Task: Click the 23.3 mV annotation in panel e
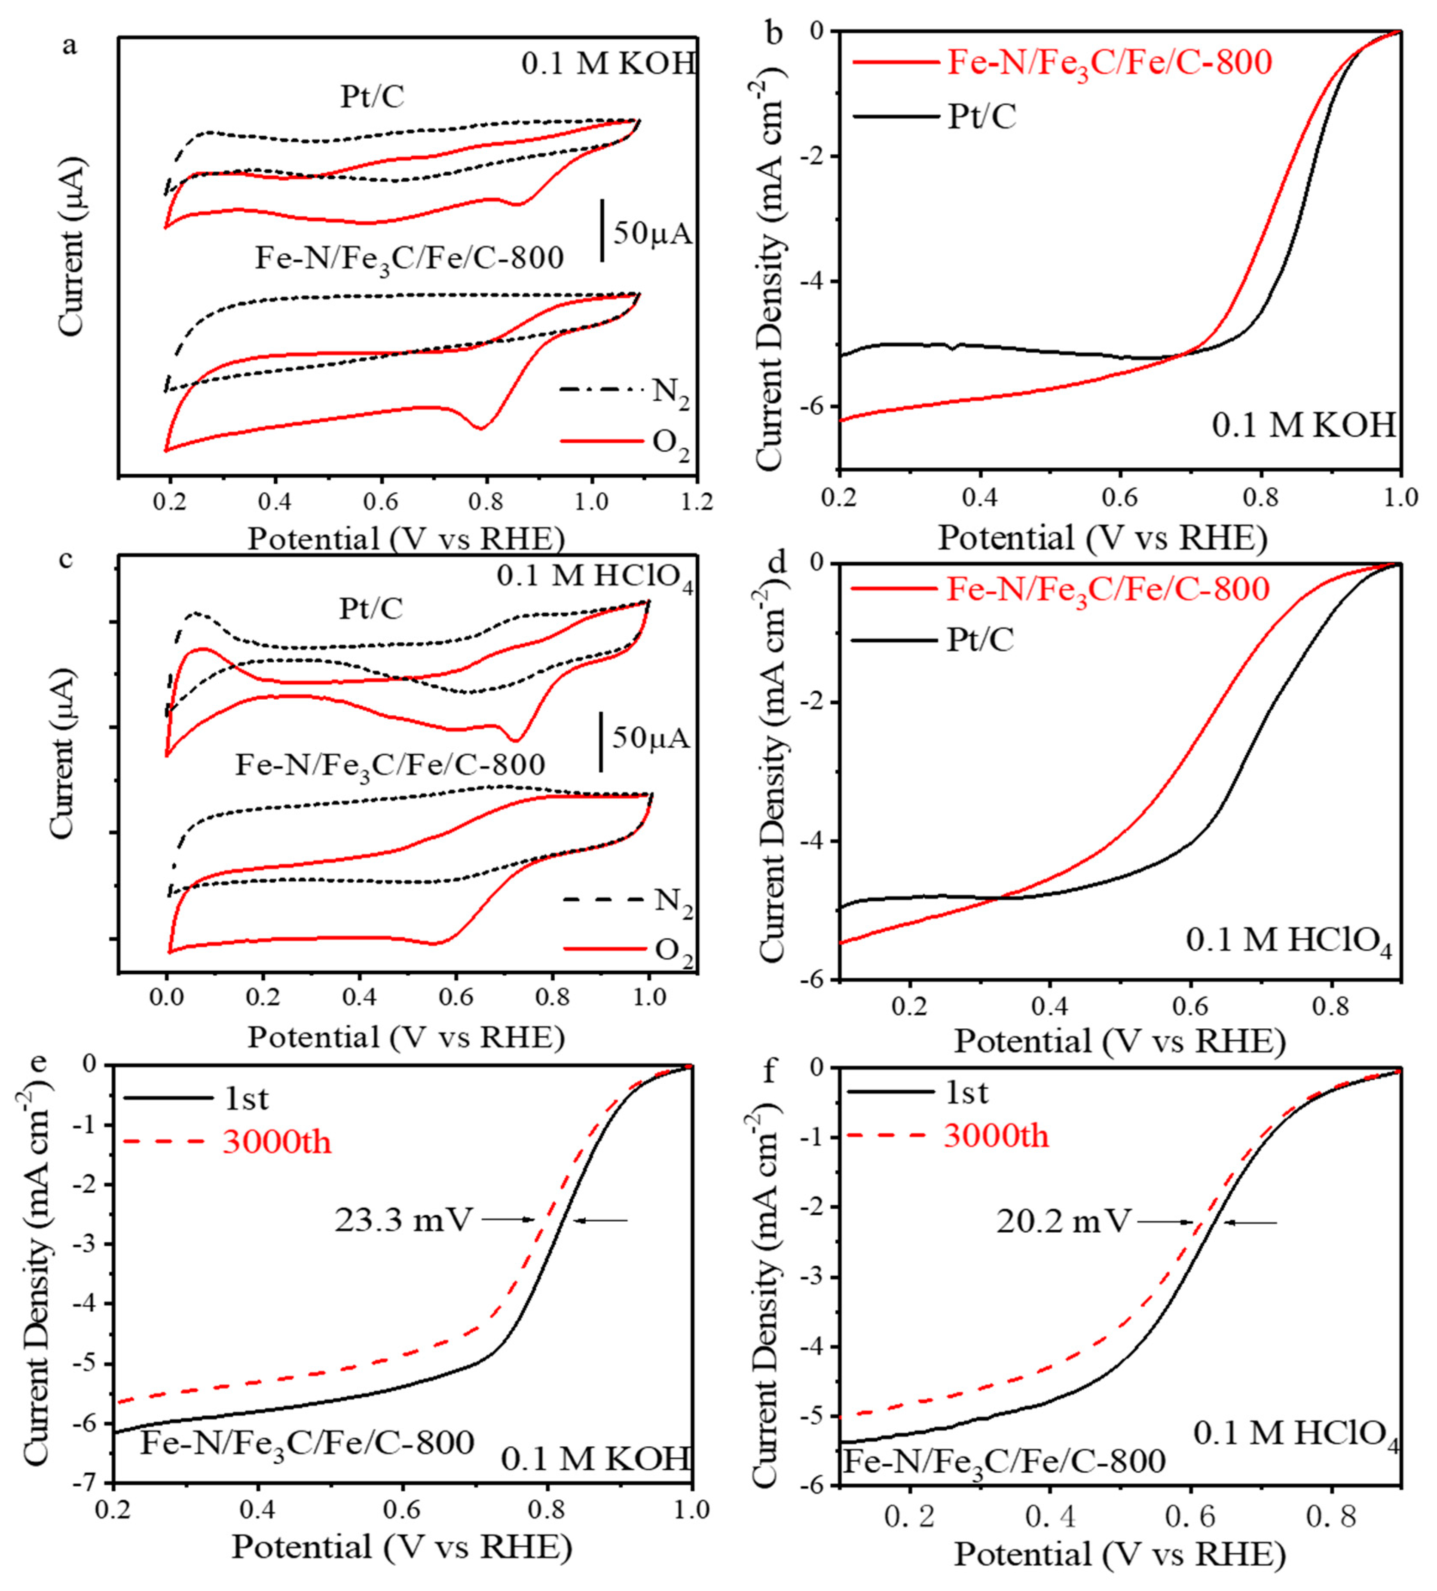click(x=403, y=1219)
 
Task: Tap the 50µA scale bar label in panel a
click(x=652, y=234)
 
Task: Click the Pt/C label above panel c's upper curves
click(x=371, y=609)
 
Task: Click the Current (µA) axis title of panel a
click(x=70, y=246)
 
